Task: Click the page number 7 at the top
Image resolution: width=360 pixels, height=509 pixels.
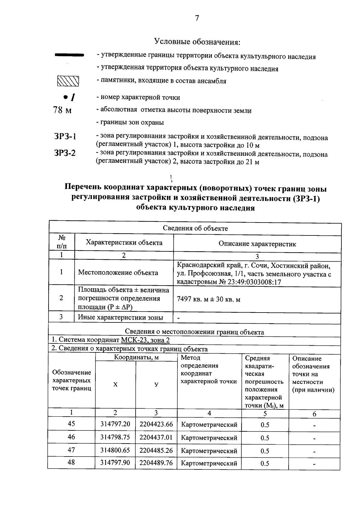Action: click(197, 18)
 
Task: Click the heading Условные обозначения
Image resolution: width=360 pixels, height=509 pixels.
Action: click(197, 42)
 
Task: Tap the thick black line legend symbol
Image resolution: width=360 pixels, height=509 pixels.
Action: click(69, 55)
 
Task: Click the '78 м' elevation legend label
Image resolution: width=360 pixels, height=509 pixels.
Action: click(62, 110)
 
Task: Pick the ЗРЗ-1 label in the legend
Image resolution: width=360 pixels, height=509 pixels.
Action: click(65, 136)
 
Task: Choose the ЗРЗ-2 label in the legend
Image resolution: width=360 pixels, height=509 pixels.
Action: click(65, 153)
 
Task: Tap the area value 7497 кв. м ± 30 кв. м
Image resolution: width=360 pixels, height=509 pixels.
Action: click(208, 299)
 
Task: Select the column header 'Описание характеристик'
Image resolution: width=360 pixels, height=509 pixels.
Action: click(257, 244)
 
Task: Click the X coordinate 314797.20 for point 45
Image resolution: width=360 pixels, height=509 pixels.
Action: click(115, 424)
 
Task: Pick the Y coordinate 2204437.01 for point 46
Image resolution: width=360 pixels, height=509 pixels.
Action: click(156, 437)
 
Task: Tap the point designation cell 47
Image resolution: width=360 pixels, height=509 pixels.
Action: click(71, 450)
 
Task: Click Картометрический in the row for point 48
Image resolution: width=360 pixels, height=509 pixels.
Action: click(209, 463)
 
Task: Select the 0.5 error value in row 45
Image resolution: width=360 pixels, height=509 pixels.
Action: click(265, 425)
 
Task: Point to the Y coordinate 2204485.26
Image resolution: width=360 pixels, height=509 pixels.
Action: click(156, 450)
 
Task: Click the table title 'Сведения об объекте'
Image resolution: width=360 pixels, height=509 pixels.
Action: click(195, 229)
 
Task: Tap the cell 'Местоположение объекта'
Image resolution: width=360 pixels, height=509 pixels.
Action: click(118, 273)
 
